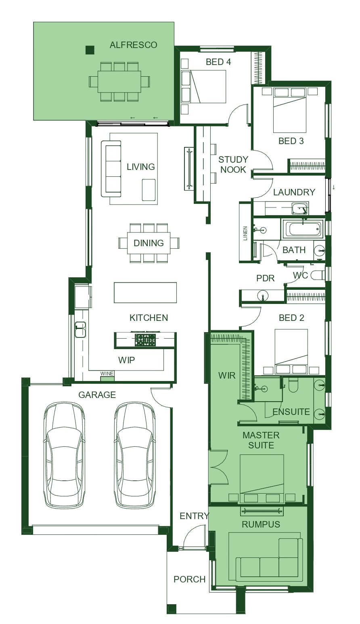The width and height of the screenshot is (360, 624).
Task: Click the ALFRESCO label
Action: click(133, 45)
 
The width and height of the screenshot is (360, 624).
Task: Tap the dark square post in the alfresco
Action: click(90, 50)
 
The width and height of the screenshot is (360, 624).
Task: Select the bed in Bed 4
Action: click(203, 87)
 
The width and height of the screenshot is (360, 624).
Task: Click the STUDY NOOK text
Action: click(233, 164)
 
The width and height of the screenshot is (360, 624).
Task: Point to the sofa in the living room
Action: click(111, 169)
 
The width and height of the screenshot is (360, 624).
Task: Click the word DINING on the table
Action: click(149, 243)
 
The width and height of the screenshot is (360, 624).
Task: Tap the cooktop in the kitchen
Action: click(145, 340)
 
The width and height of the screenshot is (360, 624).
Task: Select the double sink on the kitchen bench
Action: click(80, 329)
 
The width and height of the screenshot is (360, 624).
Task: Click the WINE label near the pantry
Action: click(107, 374)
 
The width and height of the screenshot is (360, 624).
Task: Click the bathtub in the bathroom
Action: click(303, 229)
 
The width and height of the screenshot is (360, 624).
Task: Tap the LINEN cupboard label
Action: click(245, 233)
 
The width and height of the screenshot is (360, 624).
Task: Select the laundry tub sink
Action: click(300, 209)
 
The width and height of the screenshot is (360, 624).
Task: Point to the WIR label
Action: click(227, 375)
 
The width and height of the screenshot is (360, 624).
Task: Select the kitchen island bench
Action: click(145, 293)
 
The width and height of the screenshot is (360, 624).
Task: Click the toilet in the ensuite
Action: click(293, 385)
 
